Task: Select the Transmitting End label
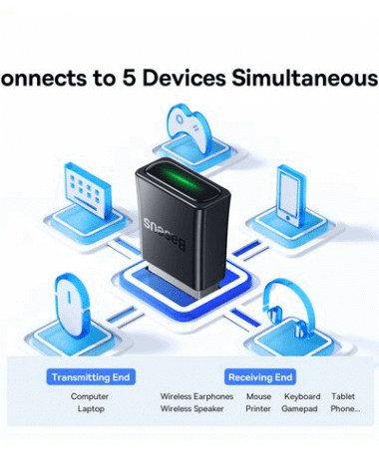point(90,377)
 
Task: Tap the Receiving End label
point(260,377)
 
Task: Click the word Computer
point(90,395)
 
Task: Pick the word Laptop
point(90,409)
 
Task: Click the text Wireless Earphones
point(196,395)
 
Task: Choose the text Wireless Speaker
point(192,409)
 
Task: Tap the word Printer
point(258,409)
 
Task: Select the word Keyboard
point(301,395)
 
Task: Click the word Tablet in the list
point(343,395)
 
